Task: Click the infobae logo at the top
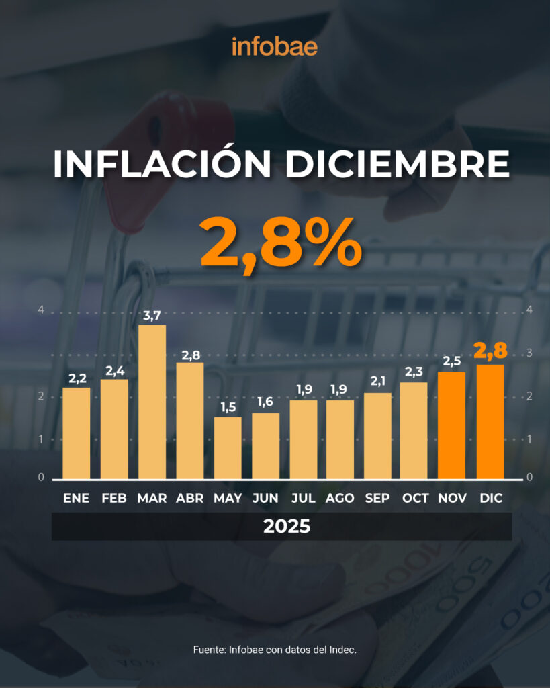coord(275,46)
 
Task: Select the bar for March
coord(152,402)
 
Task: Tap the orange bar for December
coord(490,421)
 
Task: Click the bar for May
coord(228,447)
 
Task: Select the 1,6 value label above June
coord(266,402)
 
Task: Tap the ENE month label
coord(76,498)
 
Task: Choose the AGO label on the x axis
coord(340,498)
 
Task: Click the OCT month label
coord(416,498)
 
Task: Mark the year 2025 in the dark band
coord(287,526)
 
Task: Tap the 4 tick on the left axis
coord(41,310)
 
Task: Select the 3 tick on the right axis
coord(530,353)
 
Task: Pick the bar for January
coord(76,433)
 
